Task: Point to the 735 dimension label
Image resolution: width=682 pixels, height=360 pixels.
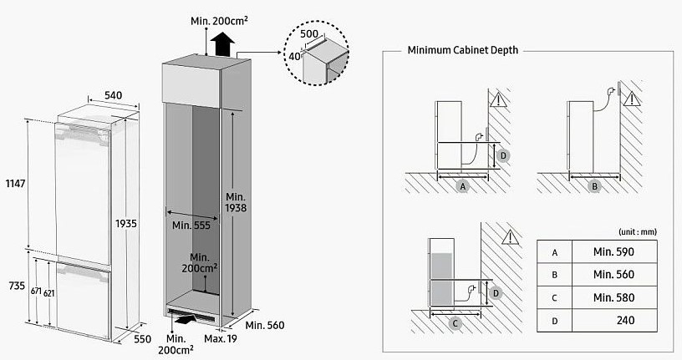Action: pos(13,286)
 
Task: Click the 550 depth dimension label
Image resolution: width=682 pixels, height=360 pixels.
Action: pos(142,340)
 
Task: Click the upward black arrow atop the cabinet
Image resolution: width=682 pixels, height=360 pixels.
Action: pos(223,42)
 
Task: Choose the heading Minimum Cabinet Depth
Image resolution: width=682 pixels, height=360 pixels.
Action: pos(462,50)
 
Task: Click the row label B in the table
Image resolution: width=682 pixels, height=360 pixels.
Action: pos(553,274)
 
